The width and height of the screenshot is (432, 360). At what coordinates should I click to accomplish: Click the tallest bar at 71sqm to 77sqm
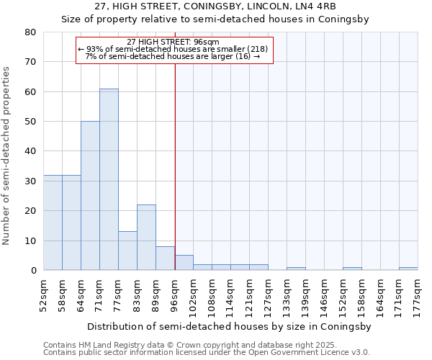tap(109, 179)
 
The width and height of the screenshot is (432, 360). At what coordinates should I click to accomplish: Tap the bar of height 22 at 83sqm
tap(146, 238)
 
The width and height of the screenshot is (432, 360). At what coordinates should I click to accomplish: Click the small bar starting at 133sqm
tap(296, 269)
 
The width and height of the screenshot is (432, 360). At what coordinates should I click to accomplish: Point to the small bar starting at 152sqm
tap(352, 269)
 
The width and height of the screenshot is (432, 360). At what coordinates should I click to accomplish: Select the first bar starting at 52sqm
tap(53, 222)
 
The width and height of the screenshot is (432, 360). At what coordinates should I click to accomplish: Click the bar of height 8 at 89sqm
tap(165, 258)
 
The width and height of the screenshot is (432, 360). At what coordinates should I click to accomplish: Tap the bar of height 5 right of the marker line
tap(184, 263)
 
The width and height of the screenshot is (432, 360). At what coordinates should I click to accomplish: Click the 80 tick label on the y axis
tap(30, 32)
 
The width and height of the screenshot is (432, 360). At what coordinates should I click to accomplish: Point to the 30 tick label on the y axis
tap(30, 181)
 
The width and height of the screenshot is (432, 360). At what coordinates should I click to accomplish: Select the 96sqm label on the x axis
tap(174, 292)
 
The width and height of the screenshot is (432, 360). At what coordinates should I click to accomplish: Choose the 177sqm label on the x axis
tap(418, 294)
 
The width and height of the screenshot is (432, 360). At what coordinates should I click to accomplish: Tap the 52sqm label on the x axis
tap(43, 292)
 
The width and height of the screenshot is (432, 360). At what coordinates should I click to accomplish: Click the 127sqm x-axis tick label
tap(268, 294)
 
